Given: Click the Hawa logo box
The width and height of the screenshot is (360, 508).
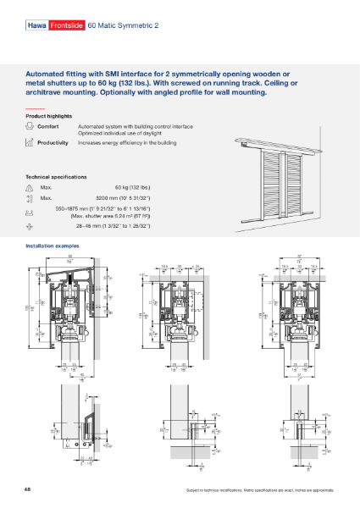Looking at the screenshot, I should (x=36, y=26).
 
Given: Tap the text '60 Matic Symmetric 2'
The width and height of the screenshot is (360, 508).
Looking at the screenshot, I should (x=117, y=26).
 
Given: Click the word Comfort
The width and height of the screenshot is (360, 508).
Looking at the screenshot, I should (x=48, y=125).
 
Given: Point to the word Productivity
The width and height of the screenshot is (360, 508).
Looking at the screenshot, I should (x=53, y=143).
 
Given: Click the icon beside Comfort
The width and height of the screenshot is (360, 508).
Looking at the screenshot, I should (x=30, y=126).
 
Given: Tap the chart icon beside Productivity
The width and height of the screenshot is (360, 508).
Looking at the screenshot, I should (x=30, y=143).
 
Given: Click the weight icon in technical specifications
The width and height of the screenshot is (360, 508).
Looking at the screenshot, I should (x=30, y=186).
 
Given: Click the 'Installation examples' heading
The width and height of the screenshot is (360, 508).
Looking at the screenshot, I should (x=53, y=245).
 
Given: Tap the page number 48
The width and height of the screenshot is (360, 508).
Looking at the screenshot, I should (x=29, y=489).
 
